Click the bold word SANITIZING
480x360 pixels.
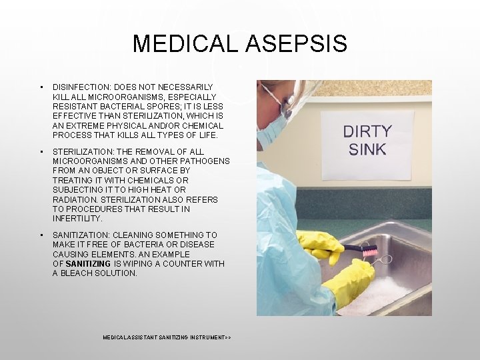89,264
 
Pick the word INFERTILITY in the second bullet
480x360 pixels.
77,219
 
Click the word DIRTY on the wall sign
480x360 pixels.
367,131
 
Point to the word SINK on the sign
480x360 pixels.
367,149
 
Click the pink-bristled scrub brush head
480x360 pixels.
369,253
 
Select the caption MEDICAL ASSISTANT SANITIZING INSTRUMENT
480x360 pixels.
167,338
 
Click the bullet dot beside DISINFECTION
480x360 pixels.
41,87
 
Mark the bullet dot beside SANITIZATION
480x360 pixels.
41,235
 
